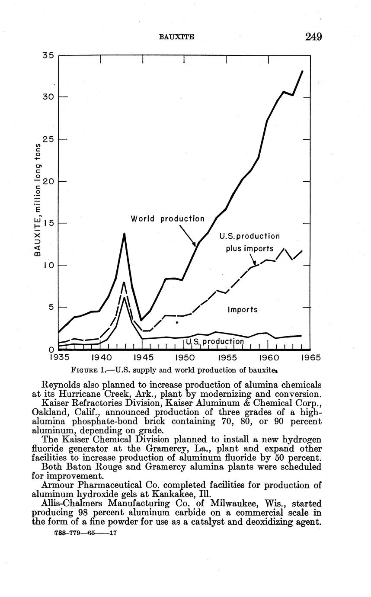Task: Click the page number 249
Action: click(x=313, y=36)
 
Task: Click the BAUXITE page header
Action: click(x=176, y=37)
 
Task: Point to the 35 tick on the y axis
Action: click(x=48, y=56)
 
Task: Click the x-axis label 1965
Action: click(x=310, y=358)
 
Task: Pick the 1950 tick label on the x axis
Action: click(x=184, y=358)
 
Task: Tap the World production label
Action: click(x=167, y=219)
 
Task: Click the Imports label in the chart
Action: click(x=242, y=310)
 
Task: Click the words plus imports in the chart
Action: click(x=249, y=249)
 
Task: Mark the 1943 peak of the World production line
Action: click(x=125, y=234)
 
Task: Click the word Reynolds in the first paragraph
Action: click(x=61, y=385)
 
